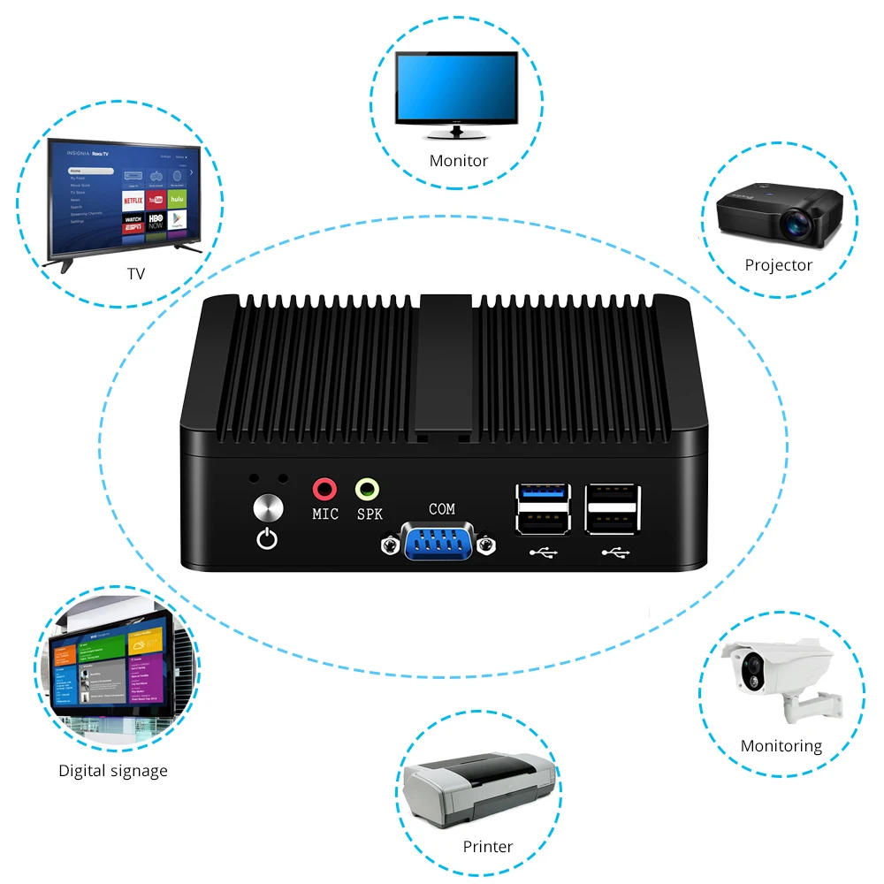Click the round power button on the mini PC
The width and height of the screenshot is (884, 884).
click(x=266, y=508)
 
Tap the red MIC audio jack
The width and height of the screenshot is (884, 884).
click(x=325, y=488)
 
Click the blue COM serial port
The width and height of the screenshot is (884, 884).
click(x=437, y=540)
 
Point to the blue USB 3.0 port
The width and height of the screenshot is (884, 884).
click(x=542, y=492)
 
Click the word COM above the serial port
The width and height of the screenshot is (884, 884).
click(x=442, y=509)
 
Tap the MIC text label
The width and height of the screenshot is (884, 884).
click(x=325, y=514)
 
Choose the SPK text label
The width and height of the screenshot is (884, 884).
click(x=370, y=514)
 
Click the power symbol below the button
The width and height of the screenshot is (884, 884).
click(x=266, y=537)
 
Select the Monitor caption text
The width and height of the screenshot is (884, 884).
click(x=458, y=161)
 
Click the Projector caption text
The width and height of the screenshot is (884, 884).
click(x=778, y=265)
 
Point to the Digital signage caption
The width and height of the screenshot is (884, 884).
click(x=113, y=771)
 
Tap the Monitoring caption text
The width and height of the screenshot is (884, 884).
click(x=781, y=746)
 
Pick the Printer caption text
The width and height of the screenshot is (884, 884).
click(x=488, y=847)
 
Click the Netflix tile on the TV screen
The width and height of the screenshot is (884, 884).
click(x=133, y=201)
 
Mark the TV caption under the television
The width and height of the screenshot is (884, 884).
click(x=135, y=274)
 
